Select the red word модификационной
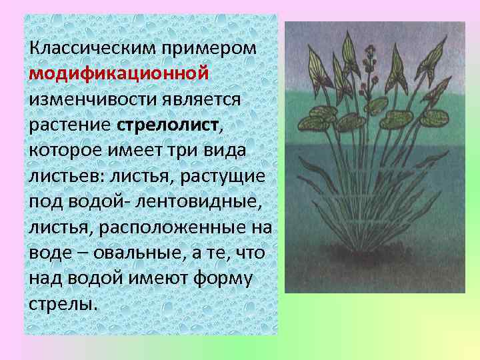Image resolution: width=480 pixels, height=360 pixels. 119,73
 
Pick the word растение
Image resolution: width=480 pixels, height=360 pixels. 69,125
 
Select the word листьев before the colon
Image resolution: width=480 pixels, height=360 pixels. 61,176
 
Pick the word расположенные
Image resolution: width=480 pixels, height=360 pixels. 173,227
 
